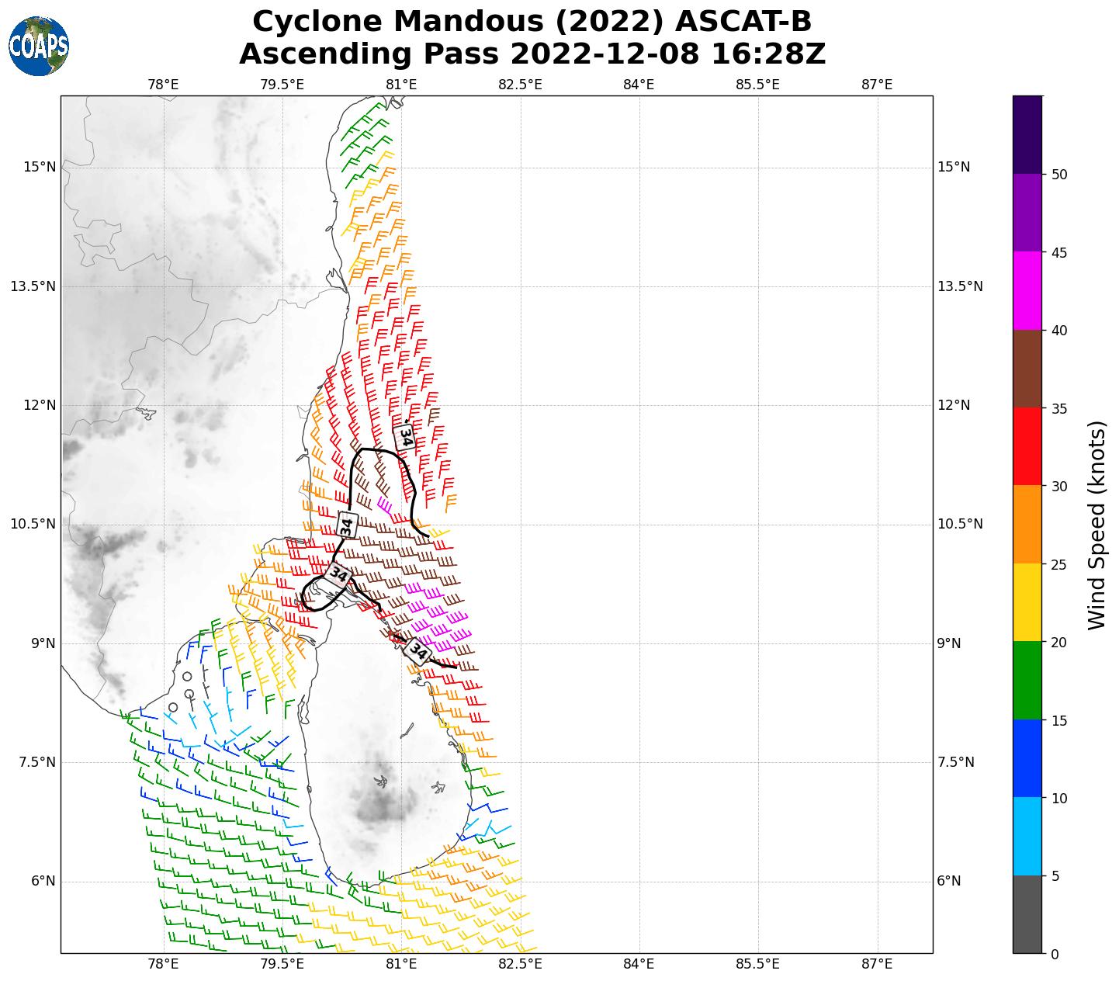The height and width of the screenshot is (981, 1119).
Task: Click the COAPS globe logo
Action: [39, 46]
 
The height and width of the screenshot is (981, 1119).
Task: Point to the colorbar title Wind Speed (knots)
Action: [1096, 525]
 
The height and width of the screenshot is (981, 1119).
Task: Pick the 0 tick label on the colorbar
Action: [1053, 954]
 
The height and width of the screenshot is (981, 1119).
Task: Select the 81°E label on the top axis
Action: [401, 85]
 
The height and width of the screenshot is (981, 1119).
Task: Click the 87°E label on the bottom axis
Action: [877, 965]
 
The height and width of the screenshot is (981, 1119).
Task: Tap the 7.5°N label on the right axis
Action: [956, 762]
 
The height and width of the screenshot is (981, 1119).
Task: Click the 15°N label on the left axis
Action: [34, 167]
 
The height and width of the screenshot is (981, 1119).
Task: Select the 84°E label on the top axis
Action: [639, 85]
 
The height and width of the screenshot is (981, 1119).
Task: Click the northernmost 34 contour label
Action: [404, 437]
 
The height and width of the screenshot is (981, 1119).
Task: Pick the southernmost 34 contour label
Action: [417, 651]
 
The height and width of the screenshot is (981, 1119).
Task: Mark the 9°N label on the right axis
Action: [950, 643]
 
